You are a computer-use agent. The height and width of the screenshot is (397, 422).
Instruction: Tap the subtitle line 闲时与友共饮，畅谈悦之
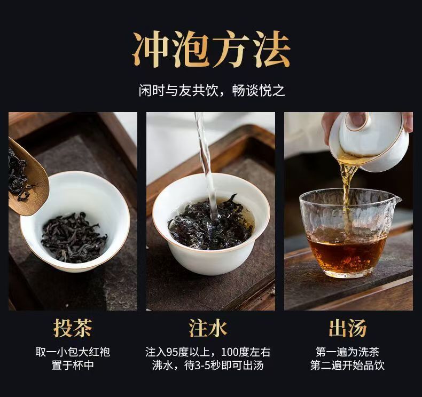[x=212, y=91]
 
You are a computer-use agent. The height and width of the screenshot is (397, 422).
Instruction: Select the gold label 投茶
[x=73, y=328]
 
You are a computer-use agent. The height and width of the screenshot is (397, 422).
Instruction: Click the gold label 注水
[x=208, y=328]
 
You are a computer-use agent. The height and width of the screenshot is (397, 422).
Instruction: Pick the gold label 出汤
[x=348, y=328]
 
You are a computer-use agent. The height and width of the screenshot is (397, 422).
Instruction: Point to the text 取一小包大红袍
[x=73, y=352]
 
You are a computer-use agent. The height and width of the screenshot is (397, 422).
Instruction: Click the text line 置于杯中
[x=73, y=365]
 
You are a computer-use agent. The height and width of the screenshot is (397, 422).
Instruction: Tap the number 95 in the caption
[x=172, y=352]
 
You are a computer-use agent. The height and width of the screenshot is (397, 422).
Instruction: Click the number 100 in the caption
[x=230, y=352]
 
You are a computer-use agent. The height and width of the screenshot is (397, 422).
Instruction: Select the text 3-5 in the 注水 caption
[x=202, y=366]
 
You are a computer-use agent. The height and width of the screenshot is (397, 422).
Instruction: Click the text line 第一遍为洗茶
[x=347, y=352]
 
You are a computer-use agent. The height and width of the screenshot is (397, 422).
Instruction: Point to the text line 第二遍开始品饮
[x=347, y=365]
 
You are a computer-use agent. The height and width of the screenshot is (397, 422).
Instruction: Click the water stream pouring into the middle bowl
[x=206, y=166]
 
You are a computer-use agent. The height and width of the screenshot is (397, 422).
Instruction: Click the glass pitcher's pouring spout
[x=396, y=200]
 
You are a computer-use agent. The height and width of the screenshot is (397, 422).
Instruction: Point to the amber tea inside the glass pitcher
[x=347, y=250]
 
